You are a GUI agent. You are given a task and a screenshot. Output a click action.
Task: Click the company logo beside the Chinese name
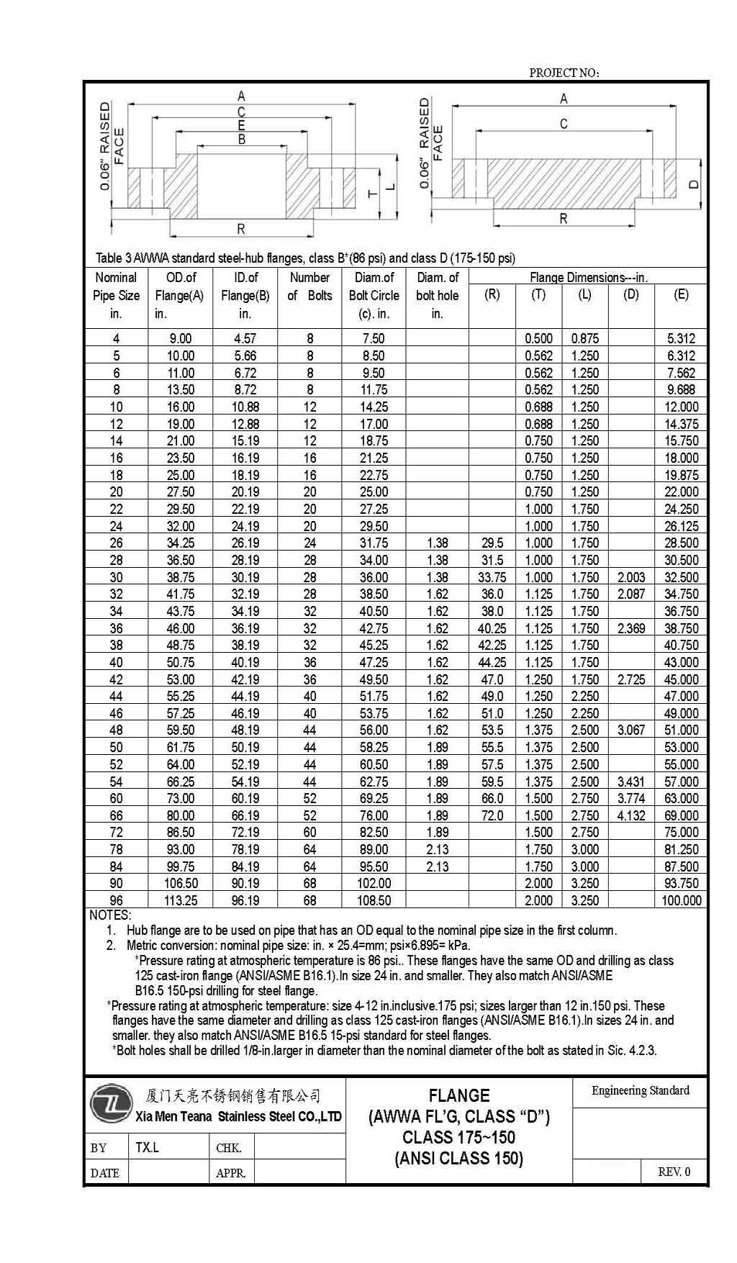(112, 1104)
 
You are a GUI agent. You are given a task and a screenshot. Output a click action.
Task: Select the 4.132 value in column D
(631, 815)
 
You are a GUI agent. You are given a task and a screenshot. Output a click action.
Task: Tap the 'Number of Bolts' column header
(309, 286)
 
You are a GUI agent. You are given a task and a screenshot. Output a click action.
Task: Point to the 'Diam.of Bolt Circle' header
(374, 286)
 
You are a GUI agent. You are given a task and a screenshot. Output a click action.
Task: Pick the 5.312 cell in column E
(681, 338)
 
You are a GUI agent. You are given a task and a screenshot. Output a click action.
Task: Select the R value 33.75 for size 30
(492, 577)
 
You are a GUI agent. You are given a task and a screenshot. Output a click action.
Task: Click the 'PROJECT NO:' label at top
(564, 73)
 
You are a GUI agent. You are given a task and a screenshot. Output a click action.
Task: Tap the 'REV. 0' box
(674, 1172)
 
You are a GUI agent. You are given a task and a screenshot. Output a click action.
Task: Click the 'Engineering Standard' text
(640, 1091)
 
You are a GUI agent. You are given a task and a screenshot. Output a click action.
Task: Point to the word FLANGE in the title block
(459, 1096)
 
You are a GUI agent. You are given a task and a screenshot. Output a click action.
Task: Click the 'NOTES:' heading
(110, 915)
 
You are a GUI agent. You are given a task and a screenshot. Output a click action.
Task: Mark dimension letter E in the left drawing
(242, 126)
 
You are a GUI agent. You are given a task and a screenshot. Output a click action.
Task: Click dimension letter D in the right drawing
(694, 184)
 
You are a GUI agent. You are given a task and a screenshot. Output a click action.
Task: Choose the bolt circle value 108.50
(374, 900)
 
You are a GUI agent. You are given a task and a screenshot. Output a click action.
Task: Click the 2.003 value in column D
(631, 577)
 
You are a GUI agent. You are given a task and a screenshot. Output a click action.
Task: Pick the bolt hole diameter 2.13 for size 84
(438, 866)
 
